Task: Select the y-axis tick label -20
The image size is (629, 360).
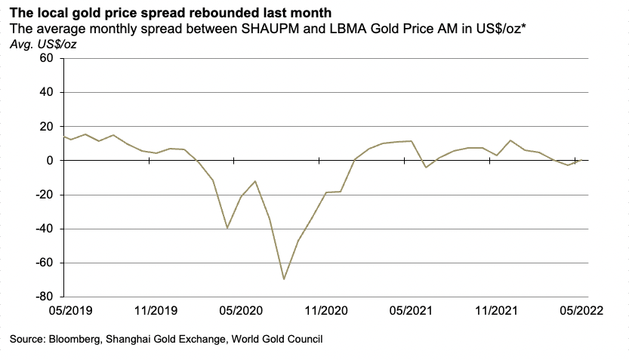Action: (x=43, y=195)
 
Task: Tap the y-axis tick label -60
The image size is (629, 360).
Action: (x=43, y=263)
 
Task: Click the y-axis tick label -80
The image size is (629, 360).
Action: (x=43, y=297)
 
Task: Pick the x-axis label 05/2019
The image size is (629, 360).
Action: (x=64, y=311)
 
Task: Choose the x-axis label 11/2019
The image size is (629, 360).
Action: (x=150, y=311)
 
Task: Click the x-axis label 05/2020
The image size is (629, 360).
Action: (x=235, y=311)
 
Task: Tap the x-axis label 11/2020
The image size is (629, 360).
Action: (x=320, y=311)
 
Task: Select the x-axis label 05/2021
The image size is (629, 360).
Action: (x=405, y=311)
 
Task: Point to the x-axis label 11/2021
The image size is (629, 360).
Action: (x=491, y=311)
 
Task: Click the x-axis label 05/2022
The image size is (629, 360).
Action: (x=576, y=311)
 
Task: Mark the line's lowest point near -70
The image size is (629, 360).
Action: (x=284, y=279)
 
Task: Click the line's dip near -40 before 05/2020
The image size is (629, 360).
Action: (x=227, y=228)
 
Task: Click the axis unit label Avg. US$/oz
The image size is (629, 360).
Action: (x=42, y=45)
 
